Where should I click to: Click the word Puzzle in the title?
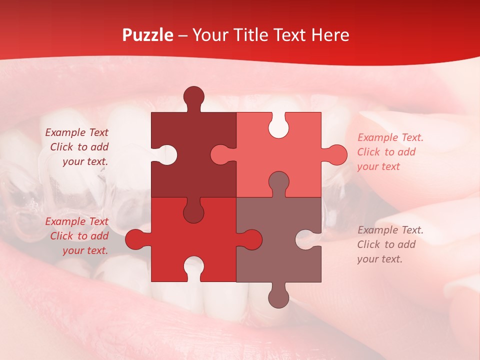point(148,35)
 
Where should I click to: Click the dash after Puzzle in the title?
point(183,35)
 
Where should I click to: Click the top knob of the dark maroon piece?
point(194,96)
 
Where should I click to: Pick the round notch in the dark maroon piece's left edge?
point(167,154)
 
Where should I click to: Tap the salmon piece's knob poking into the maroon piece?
point(220,154)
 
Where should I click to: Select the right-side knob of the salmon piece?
point(336,154)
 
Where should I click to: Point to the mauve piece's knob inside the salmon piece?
point(278,182)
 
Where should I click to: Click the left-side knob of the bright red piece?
point(135,239)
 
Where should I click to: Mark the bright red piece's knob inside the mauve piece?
point(251,239)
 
